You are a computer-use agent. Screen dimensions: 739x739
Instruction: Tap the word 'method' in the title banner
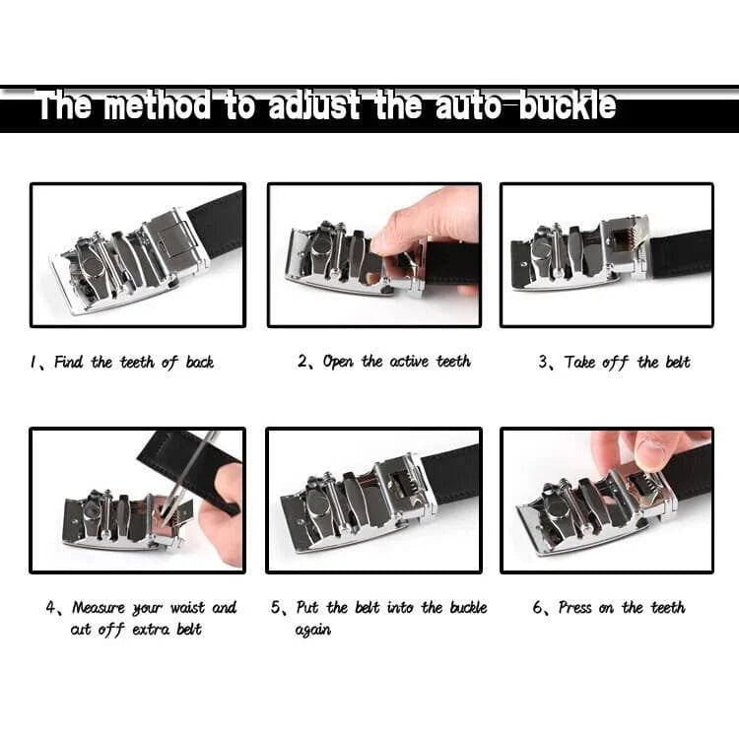[x=159, y=105]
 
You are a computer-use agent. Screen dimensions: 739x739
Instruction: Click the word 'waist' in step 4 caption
[x=187, y=608]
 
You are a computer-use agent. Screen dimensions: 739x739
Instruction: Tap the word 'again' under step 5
[x=313, y=631]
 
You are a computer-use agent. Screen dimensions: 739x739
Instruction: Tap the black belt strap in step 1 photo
[x=217, y=224]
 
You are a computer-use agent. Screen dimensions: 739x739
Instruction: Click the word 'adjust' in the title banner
[x=314, y=105]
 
